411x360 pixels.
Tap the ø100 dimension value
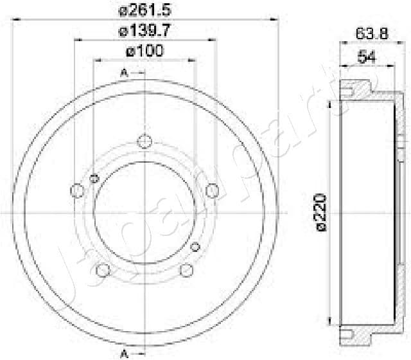[145, 50]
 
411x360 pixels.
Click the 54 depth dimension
[366, 57]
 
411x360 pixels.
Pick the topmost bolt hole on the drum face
[145, 141]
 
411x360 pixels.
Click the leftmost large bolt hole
[77, 190]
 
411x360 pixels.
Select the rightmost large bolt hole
[213, 190]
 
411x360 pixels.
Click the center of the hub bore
[145, 213]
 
